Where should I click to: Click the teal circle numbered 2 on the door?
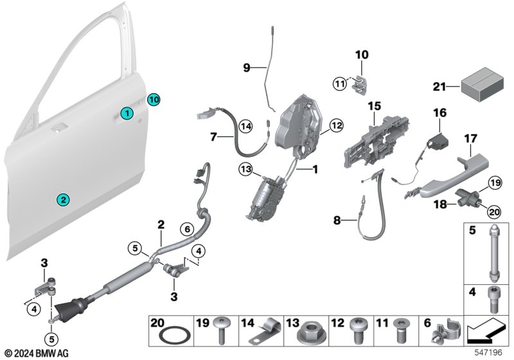(63, 200)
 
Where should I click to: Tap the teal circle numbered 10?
(153, 100)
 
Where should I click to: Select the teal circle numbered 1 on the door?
(128, 114)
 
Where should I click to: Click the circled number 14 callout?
(245, 127)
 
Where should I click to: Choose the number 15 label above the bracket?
(375, 105)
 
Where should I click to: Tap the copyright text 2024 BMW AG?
(38, 353)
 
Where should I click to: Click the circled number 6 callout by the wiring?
(186, 228)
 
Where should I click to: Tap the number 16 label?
(439, 112)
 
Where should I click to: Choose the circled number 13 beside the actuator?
(244, 168)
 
